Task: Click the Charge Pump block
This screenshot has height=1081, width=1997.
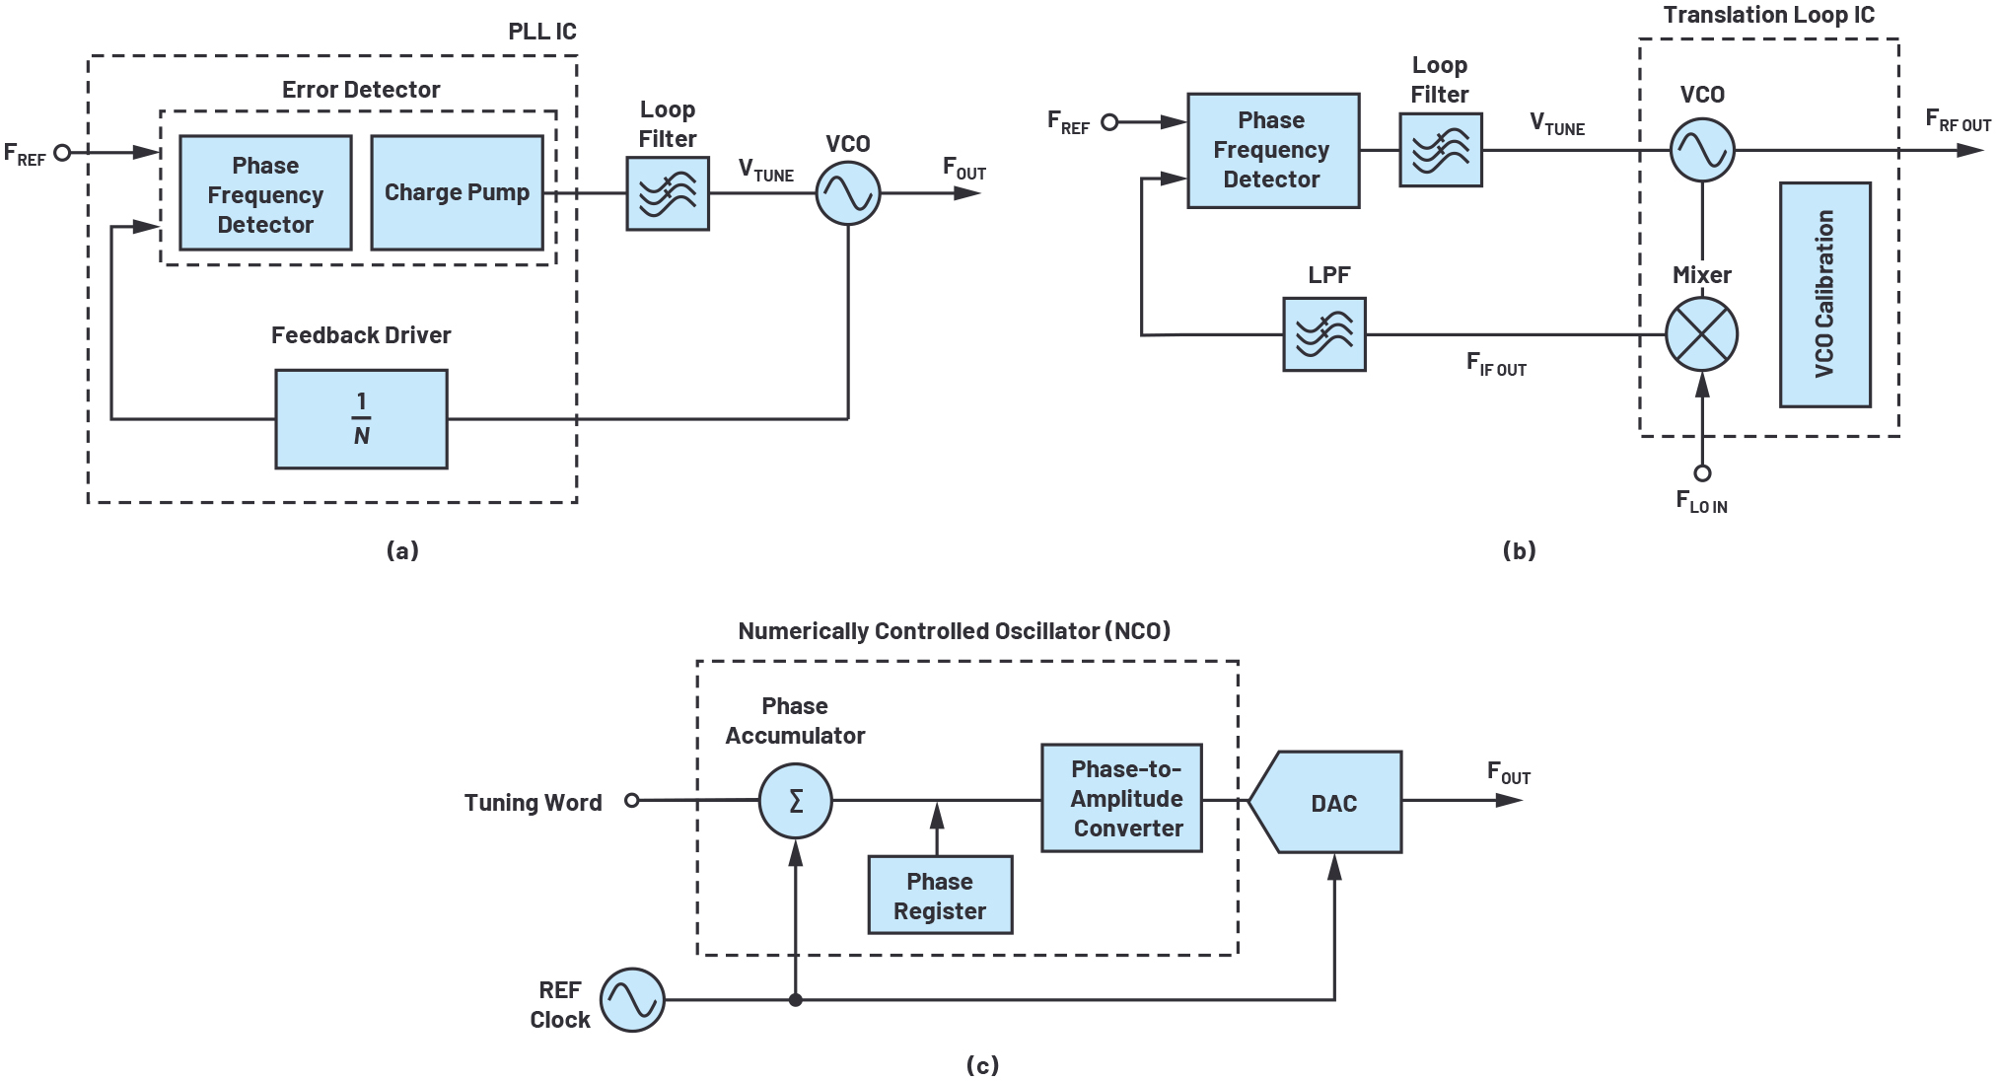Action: pos(457,192)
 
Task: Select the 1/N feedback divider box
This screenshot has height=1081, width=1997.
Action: pos(361,419)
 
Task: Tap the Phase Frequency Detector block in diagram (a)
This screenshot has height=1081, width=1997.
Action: pos(265,192)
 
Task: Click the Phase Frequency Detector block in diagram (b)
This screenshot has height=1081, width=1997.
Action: pos(1273,151)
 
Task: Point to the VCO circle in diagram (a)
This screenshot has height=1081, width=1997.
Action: pos(848,192)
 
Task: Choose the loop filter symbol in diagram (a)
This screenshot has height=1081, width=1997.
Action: pos(668,193)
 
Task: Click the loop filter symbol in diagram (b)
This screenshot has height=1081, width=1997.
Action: pos(1441,150)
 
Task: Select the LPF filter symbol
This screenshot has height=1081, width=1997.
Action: pos(1324,334)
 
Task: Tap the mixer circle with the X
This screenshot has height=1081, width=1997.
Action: pos(1702,335)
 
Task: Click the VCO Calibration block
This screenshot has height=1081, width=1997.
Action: pos(1825,294)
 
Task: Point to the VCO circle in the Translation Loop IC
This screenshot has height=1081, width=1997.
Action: pos(1702,150)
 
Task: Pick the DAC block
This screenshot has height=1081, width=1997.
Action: pos(1324,802)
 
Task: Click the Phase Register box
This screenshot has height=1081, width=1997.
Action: pos(940,895)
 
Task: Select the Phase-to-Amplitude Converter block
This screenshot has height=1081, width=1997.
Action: pos(1122,798)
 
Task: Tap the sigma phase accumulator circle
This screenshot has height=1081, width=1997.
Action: pos(796,801)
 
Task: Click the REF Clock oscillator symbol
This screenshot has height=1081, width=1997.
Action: pos(632,1000)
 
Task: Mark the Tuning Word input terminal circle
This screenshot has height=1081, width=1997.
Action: pos(632,801)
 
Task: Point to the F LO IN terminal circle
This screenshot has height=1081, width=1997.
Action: pos(1702,473)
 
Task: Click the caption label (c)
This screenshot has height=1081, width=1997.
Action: pos(982,1065)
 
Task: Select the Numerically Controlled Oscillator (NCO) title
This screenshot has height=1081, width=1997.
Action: pos(955,631)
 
